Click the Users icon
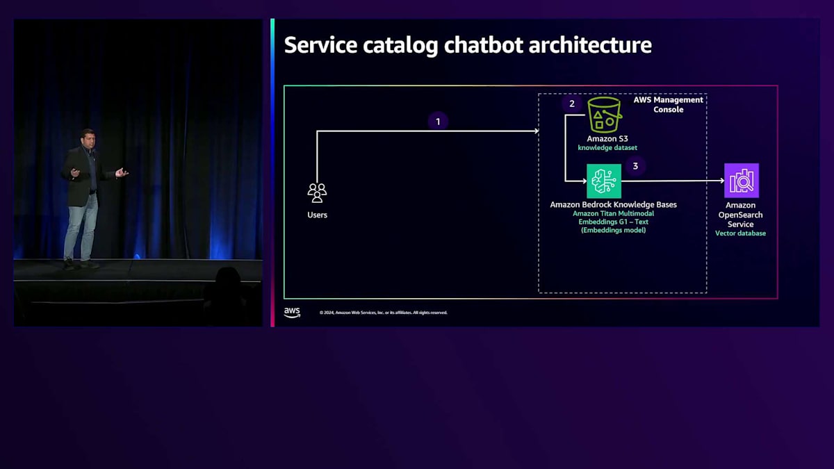(x=317, y=192)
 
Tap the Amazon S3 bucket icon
(x=604, y=115)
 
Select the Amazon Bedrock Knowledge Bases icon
(x=604, y=181)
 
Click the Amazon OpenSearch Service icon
(x=741, y=181)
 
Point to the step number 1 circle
(x=438, y=122)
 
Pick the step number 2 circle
(x=572, y=104)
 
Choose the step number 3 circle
(x=635, y=166)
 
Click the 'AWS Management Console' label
(x=669, y=104)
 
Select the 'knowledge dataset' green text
(x=607, y=148)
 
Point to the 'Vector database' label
(x=740, y=233)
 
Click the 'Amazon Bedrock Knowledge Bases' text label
(x=613, y=205)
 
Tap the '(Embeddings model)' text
(x=613, y=230)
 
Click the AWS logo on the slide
(x=292, y=313)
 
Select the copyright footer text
(x=384, y=313)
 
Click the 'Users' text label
(x=317, y=215)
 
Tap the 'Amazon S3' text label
(x=607, y=139)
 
